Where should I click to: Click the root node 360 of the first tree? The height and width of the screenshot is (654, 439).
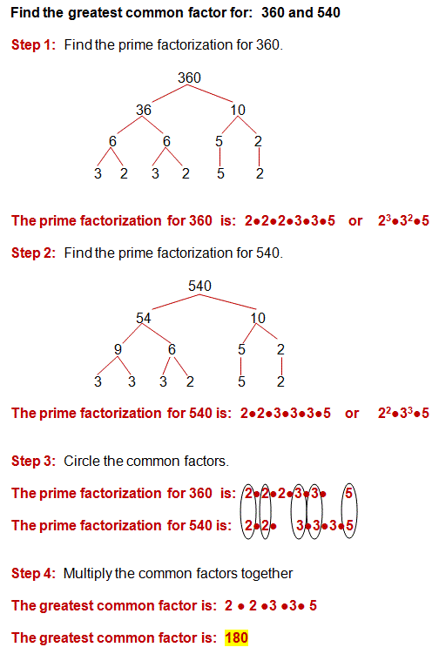[189, 78]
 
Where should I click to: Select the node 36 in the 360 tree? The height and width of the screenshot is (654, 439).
[144, 110]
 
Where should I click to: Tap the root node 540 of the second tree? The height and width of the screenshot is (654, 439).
[200, 286]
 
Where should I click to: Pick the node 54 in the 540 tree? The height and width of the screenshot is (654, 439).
[144, 319]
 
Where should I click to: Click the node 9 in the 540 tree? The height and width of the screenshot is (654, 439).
[118, 350]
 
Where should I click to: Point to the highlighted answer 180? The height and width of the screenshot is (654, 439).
[237, 637]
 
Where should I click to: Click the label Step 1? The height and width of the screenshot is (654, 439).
[34, 44]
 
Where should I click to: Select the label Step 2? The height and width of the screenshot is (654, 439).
[34, 253]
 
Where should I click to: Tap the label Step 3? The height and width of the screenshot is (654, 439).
[34, 460]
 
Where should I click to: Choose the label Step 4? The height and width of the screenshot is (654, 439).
[34, 572]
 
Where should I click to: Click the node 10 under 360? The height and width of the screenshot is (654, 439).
[238, 110]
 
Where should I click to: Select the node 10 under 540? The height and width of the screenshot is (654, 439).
[258, 319]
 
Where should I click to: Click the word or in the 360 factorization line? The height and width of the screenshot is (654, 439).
[355, 221]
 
